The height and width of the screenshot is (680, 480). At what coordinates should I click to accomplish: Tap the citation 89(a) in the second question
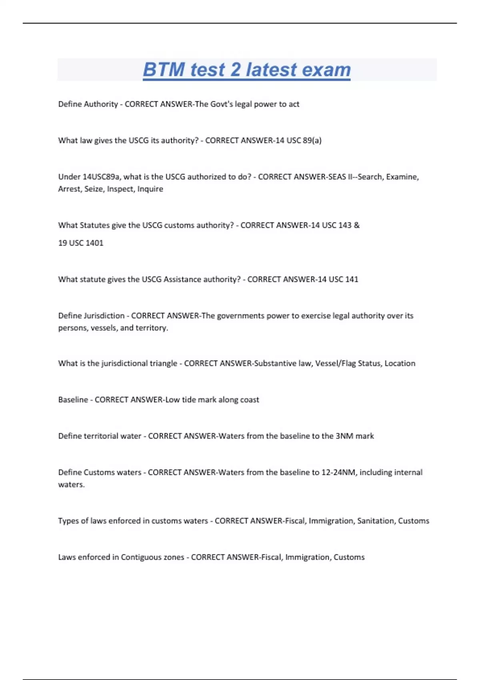click(312, 140)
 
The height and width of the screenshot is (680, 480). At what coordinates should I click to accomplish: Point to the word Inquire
click(150, 189)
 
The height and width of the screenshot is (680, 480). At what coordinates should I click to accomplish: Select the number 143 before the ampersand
click(345, 225)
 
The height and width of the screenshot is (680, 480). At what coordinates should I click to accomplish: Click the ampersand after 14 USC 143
click(357, 225)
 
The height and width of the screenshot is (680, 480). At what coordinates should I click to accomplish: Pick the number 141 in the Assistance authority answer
click(351, 279)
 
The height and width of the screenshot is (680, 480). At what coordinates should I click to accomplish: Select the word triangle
click(163, 363)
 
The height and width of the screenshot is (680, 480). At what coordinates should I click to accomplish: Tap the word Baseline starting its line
click(73, 400)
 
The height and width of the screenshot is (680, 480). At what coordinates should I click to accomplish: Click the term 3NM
click(344, 436)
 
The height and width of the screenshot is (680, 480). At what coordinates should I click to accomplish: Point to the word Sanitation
click(375, 521)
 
